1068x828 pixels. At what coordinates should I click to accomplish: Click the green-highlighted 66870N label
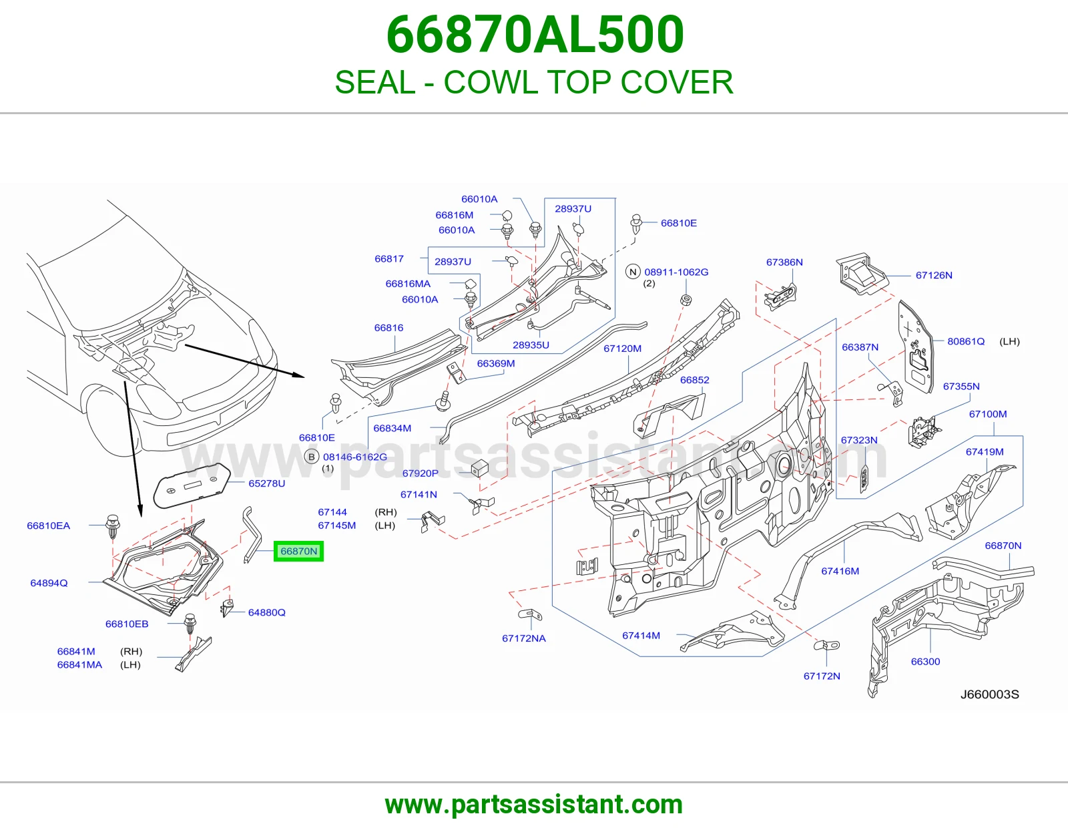[x=298, y=551]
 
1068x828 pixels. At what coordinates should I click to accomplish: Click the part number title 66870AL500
[x=535, y=35]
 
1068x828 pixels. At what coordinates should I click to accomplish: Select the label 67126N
[x=933, y=275]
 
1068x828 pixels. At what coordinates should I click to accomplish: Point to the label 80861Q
[x=966, y=341]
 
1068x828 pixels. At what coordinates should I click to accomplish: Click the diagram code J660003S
[x=989, y=694]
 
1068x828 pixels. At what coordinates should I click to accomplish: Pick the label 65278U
[x=266, y=483]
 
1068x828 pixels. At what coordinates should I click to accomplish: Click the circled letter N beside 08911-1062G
[x=633, y=272]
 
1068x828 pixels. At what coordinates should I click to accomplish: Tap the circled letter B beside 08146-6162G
[x=311, y=457]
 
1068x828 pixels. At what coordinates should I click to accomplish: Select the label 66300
[x=925, y=661]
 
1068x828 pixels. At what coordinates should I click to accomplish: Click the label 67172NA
[x=524, y=638]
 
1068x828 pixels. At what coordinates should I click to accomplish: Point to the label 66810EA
[x=48, y=526]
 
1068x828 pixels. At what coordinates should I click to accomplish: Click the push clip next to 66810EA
[x=113, y=526]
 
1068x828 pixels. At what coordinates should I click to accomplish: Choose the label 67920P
[x=421, y=473]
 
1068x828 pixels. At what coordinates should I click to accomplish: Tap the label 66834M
[x=392, y=428]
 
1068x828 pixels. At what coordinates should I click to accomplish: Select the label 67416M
[x=840, y=571]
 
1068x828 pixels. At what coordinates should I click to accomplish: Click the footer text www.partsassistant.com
[x=534, y=805]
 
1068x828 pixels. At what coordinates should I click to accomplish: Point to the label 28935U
[x=531, y=345]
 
